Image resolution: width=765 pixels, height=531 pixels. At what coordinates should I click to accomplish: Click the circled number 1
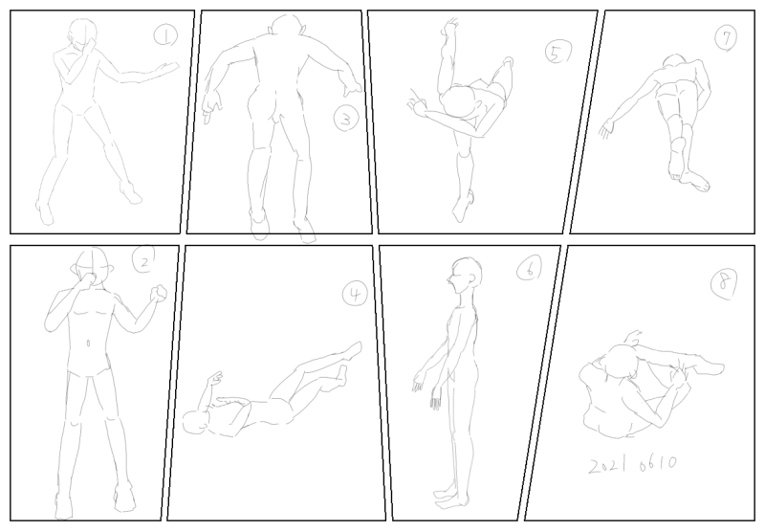[165, 35]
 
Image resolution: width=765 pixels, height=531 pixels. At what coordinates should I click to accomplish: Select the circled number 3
[346, 119]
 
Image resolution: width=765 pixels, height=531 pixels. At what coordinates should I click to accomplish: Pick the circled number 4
[355, 295]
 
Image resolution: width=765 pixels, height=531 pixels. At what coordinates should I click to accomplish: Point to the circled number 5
[558, 53]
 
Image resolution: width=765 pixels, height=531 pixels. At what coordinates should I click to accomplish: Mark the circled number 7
[726, 37]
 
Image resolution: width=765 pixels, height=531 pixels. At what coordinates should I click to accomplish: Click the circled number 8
[724, 284]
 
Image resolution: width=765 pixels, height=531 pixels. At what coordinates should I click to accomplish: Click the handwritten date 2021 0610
[632, 465]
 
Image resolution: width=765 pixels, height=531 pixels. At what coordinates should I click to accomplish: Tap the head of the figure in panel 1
[81, 34]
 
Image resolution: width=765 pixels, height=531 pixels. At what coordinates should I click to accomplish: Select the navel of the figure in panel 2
[88, 343]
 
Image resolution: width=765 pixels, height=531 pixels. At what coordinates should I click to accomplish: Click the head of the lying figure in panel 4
[197, 423]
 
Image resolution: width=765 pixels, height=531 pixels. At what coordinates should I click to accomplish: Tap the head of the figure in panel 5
[459, 102]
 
